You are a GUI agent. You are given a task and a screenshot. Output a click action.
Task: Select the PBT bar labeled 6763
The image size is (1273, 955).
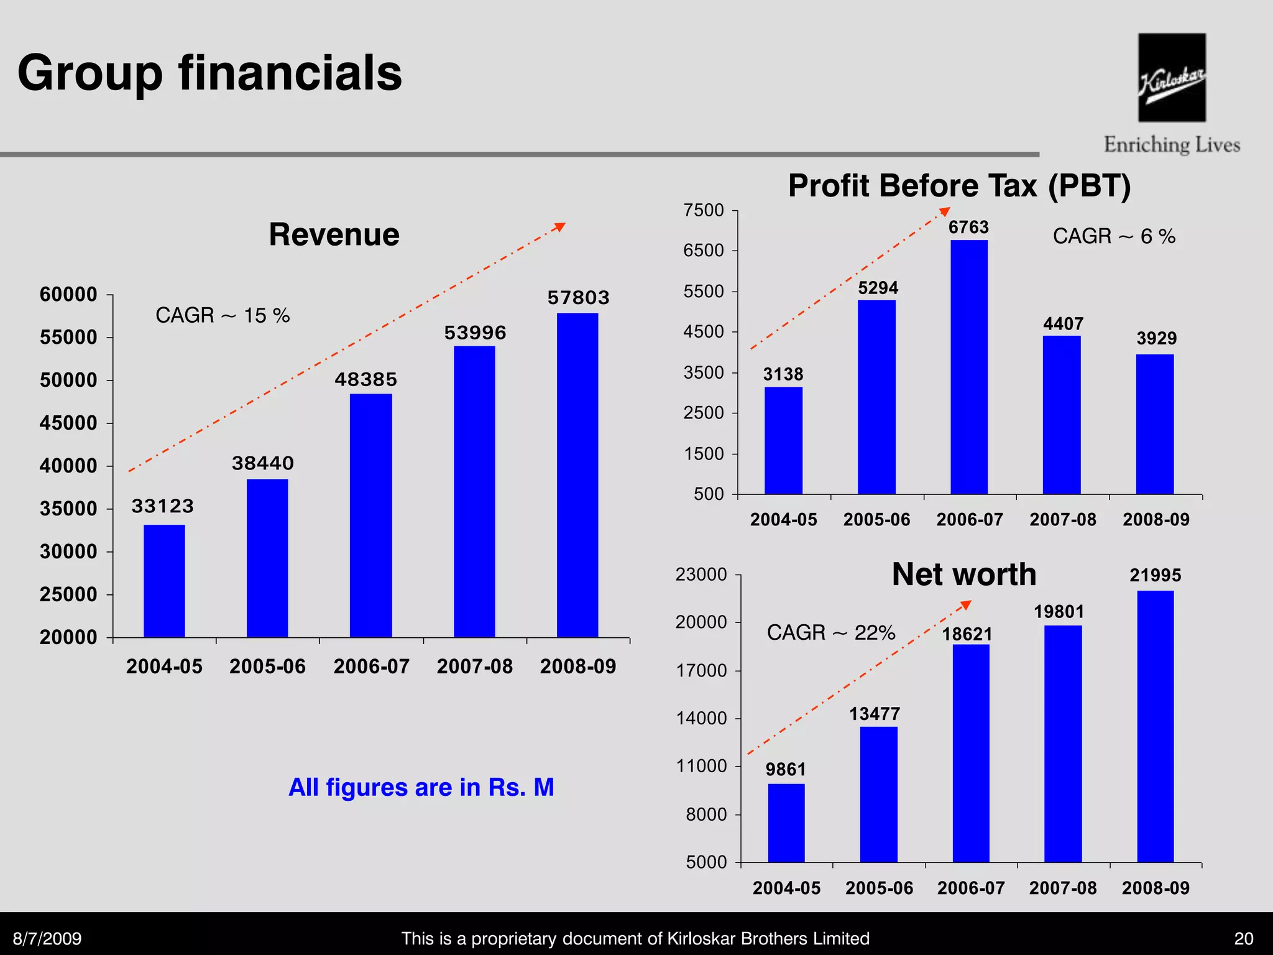coord(969,367)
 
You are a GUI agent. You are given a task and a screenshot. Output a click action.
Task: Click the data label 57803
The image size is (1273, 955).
coord(578,298)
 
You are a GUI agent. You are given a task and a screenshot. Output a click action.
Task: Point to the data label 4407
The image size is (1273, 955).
coord(1063,324)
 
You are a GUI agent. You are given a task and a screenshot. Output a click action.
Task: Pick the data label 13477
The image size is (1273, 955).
coord(875,714)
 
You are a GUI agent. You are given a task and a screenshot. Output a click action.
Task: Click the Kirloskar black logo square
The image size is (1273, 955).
coord(1172,77)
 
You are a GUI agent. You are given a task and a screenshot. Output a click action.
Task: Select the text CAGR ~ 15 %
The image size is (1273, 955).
coord(223,315)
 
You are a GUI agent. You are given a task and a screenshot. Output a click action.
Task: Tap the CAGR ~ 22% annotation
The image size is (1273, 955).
coord(830,632)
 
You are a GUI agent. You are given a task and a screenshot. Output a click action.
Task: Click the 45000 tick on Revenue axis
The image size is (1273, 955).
coord(68,423)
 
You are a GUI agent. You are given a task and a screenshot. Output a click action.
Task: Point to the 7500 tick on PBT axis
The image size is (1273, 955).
coord(704,210)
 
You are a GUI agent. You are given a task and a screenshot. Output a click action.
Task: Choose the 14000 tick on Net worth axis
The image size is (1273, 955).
coord(701,719)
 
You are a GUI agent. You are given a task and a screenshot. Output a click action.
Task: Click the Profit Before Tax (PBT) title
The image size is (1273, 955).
coord(959,185)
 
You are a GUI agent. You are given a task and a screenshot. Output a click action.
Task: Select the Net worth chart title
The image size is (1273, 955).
coord(963,574)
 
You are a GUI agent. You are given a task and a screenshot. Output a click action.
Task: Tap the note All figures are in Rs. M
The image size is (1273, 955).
coord(421,787)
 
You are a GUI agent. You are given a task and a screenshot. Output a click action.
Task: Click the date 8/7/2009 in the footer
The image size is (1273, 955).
coord(47,938)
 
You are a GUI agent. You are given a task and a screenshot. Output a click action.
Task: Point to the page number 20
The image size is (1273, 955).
coord(1243,938)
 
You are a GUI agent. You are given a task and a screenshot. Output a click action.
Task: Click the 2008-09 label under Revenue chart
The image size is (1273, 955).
coord(577,667)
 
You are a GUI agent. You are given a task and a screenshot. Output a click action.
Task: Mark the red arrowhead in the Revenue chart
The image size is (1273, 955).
coord(560,227)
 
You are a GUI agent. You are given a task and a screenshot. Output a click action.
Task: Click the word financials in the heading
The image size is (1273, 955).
coord(290,73)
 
